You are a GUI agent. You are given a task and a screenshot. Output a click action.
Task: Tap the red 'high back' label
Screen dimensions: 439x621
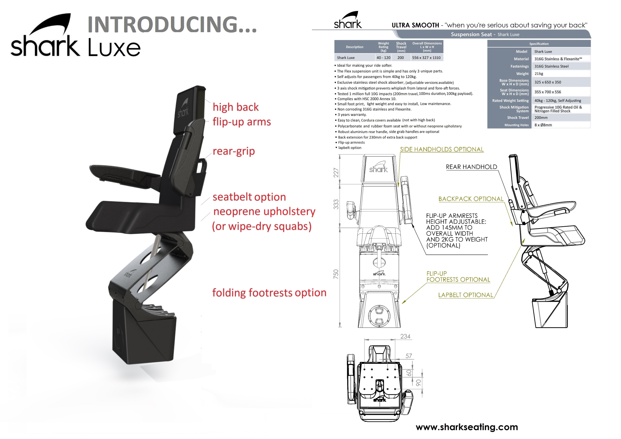point(236,107)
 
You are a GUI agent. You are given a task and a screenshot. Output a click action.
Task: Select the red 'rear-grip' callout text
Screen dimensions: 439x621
point(234,151)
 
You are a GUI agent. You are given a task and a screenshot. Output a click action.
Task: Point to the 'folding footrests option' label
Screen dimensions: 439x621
point(269,293)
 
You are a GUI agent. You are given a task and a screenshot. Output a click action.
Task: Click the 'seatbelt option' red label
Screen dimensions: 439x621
point(249,197)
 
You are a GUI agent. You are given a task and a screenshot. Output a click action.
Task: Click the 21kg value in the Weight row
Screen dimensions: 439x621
point(539,74)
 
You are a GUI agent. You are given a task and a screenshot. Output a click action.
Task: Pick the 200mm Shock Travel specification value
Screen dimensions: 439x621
point(541,118)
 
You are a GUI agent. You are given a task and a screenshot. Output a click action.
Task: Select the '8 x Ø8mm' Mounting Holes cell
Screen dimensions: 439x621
point(543,125)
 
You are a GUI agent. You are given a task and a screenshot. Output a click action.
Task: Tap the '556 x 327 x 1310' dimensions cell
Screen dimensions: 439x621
point(426,58)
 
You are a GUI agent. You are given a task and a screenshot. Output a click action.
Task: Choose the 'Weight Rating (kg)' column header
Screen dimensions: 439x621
point(383,47)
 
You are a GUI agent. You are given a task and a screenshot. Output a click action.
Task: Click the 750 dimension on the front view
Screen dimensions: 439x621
point(336,274)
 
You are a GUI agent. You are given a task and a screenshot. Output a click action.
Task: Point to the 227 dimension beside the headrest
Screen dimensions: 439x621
point(336,172)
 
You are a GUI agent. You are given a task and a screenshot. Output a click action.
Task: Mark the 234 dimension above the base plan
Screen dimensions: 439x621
point(405,336)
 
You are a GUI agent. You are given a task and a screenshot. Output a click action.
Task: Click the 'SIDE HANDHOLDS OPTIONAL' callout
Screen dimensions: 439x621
point(442,149)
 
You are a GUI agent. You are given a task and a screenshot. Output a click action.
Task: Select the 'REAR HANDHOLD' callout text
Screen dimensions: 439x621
point(472,167)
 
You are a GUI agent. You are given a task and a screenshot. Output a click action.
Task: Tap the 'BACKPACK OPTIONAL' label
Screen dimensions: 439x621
point(471,199)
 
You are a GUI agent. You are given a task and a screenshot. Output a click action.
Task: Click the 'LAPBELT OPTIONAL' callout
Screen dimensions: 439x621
point(466,295)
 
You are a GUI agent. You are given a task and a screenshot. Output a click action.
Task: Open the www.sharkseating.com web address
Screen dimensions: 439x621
point(467,427)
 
